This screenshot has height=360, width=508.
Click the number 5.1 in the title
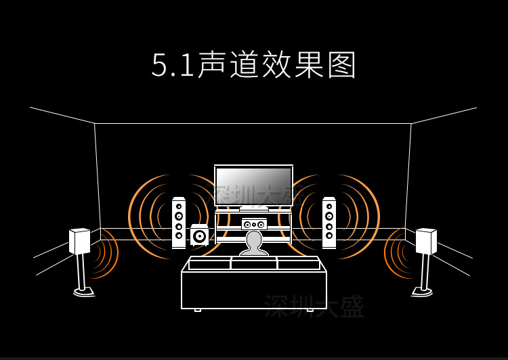(x=172, y=66)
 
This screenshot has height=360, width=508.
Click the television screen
(x=253, y=185)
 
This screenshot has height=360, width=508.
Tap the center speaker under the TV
(x=254, y=224)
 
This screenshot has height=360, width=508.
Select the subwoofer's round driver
(x=199, y=237)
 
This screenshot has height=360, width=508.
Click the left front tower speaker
(x=179, y=223)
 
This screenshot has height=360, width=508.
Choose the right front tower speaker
(x=329, y=223)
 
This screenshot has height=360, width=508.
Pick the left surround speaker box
(x=79, y=242)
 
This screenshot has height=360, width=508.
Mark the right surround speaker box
(x=426, y=242)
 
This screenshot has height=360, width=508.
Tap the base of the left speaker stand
(x=84, y=292)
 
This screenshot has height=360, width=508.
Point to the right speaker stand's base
(x=421, y=292)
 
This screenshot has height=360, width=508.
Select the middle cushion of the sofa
(x=254, y=263)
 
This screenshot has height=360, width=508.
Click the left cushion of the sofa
(x=209, y=264)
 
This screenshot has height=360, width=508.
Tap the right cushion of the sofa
(x=298, y=264)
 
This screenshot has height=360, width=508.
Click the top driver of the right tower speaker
(x=329, y=206)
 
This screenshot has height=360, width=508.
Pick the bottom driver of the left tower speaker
(x=179, y=236)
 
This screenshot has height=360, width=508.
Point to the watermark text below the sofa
(x=314, y=307)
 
